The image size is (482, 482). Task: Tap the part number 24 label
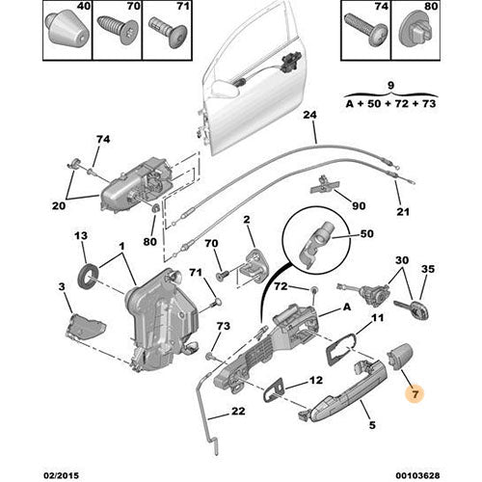(310, 117)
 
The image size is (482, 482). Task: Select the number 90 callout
(357, 205)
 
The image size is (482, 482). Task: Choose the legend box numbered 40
(67, 32)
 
